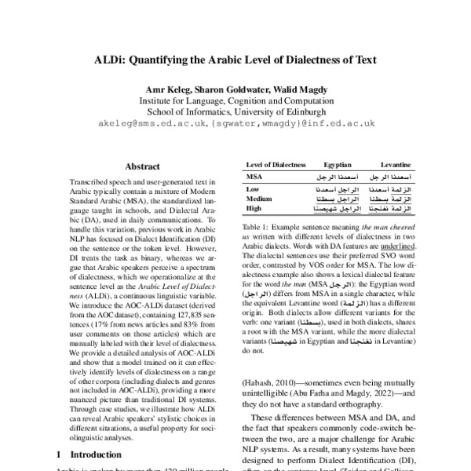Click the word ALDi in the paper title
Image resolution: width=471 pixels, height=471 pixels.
pos(108,58)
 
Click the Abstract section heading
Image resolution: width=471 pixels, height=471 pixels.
pos(144,167)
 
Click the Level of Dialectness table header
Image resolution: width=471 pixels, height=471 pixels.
pos(274,166)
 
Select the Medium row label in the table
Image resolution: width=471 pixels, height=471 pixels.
pos(259,199)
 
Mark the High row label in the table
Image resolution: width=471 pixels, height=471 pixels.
pos(254,209)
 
